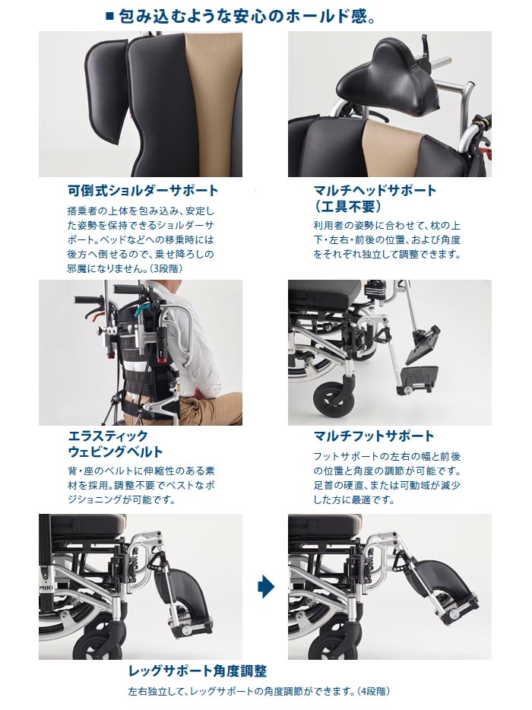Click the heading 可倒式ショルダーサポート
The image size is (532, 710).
[x=143, y=190]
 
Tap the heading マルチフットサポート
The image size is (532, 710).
[x=374, y=436]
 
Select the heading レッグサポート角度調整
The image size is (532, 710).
[x=198, y=670]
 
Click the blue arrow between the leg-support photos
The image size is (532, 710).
[x=266, y=587]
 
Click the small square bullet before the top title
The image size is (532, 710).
[x=109, y=17]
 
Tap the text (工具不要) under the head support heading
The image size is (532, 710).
[x=348, y=207]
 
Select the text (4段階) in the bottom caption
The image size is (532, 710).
[x=373, y=692]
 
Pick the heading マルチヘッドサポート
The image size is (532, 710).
[x=375, y=190]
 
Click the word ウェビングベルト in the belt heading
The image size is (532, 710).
[x=116, y=452]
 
